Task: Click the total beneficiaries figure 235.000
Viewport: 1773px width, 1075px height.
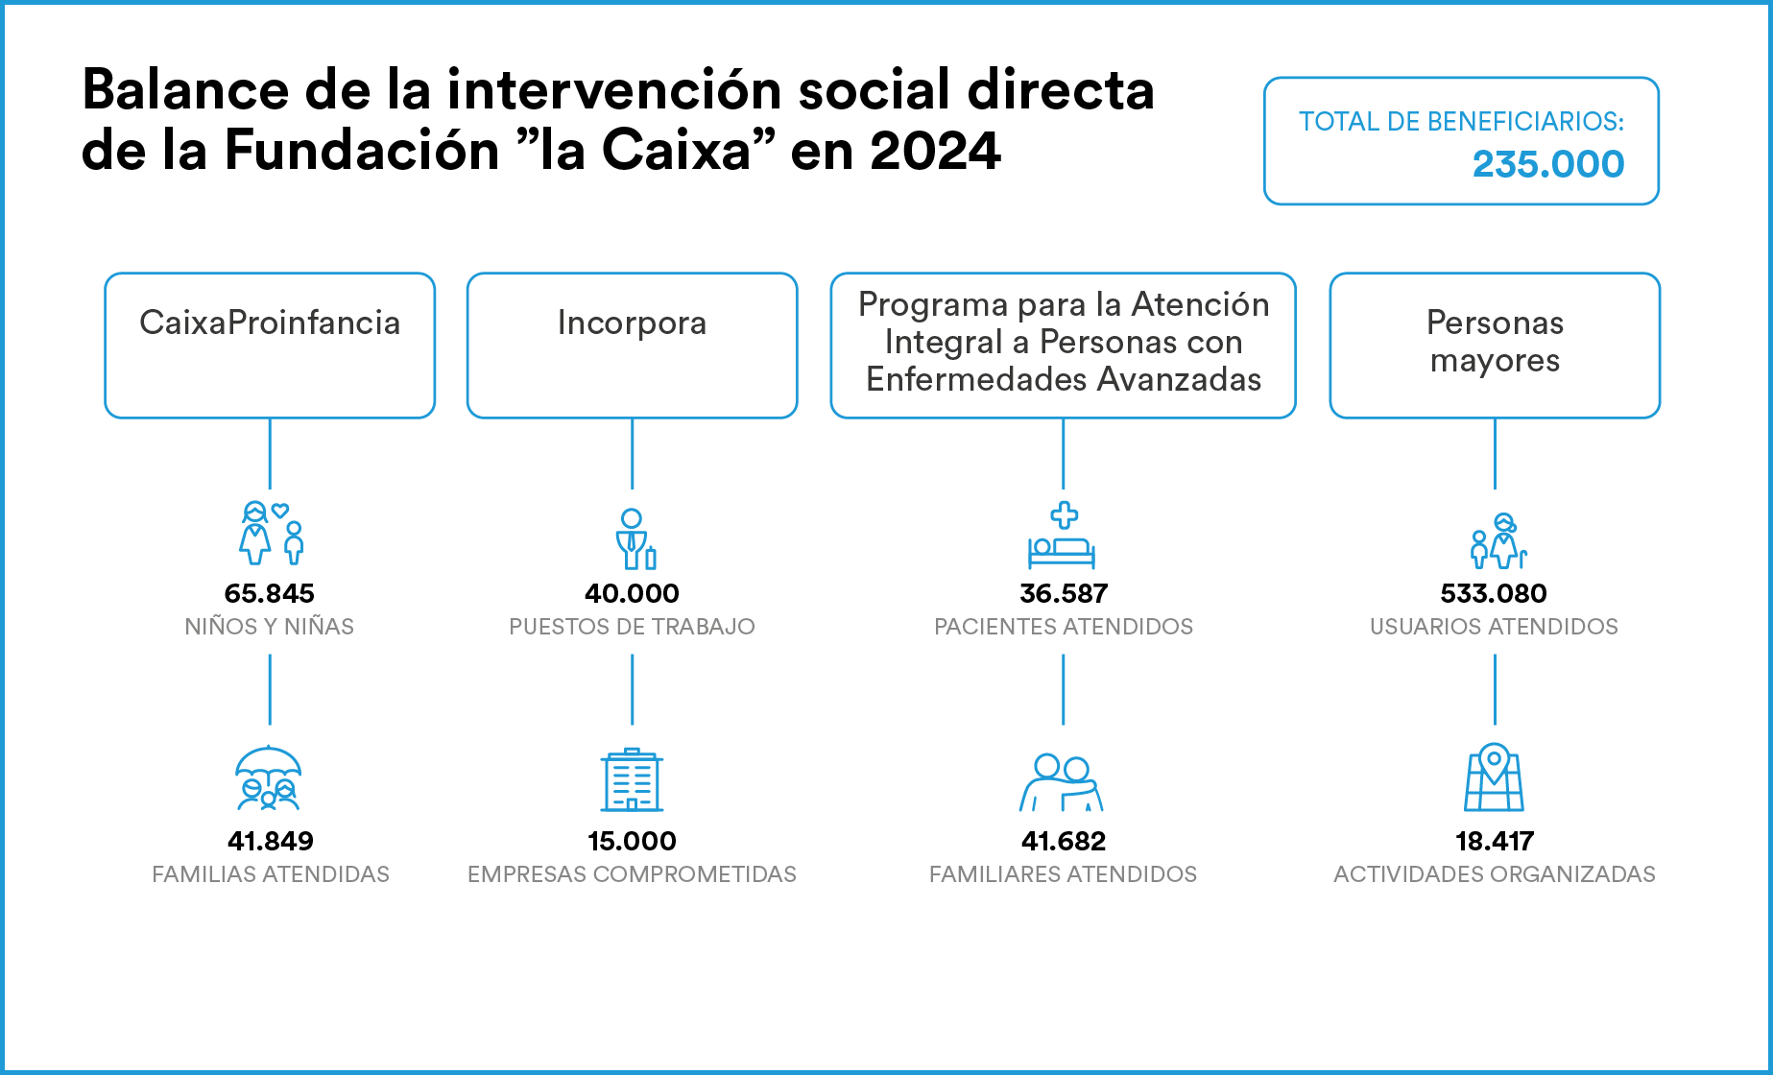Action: (1548, 164)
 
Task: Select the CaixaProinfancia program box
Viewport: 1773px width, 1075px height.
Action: (270, 346)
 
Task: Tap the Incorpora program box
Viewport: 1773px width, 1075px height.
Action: (632, 346)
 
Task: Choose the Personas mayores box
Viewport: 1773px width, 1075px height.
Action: (1495, 346)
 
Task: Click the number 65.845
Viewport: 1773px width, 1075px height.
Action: (270, 593)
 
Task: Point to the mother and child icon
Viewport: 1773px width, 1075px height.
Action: (272, 533)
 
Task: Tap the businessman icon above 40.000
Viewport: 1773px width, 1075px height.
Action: (635, 538)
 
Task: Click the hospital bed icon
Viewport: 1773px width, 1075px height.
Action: (1062, 536)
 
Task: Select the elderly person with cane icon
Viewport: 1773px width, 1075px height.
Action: (1497, 540)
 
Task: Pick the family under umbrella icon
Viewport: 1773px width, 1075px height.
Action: (269, 778)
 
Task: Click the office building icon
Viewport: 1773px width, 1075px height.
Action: (632, 779)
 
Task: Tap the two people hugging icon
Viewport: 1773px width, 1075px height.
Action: (1062, 782)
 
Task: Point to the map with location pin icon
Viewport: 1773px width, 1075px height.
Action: (1494, 777)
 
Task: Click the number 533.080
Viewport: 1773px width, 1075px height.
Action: (1494, 593)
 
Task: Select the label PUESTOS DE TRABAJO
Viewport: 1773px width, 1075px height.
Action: (632, 627)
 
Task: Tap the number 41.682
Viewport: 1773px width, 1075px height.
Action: (1064, 841)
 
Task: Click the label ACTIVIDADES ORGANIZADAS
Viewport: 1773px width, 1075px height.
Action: (1495, 874)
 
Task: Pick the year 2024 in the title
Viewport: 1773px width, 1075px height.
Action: (935, 151)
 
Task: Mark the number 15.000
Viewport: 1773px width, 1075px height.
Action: (632, 841)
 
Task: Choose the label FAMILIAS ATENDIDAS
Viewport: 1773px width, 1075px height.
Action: (271, 874)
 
